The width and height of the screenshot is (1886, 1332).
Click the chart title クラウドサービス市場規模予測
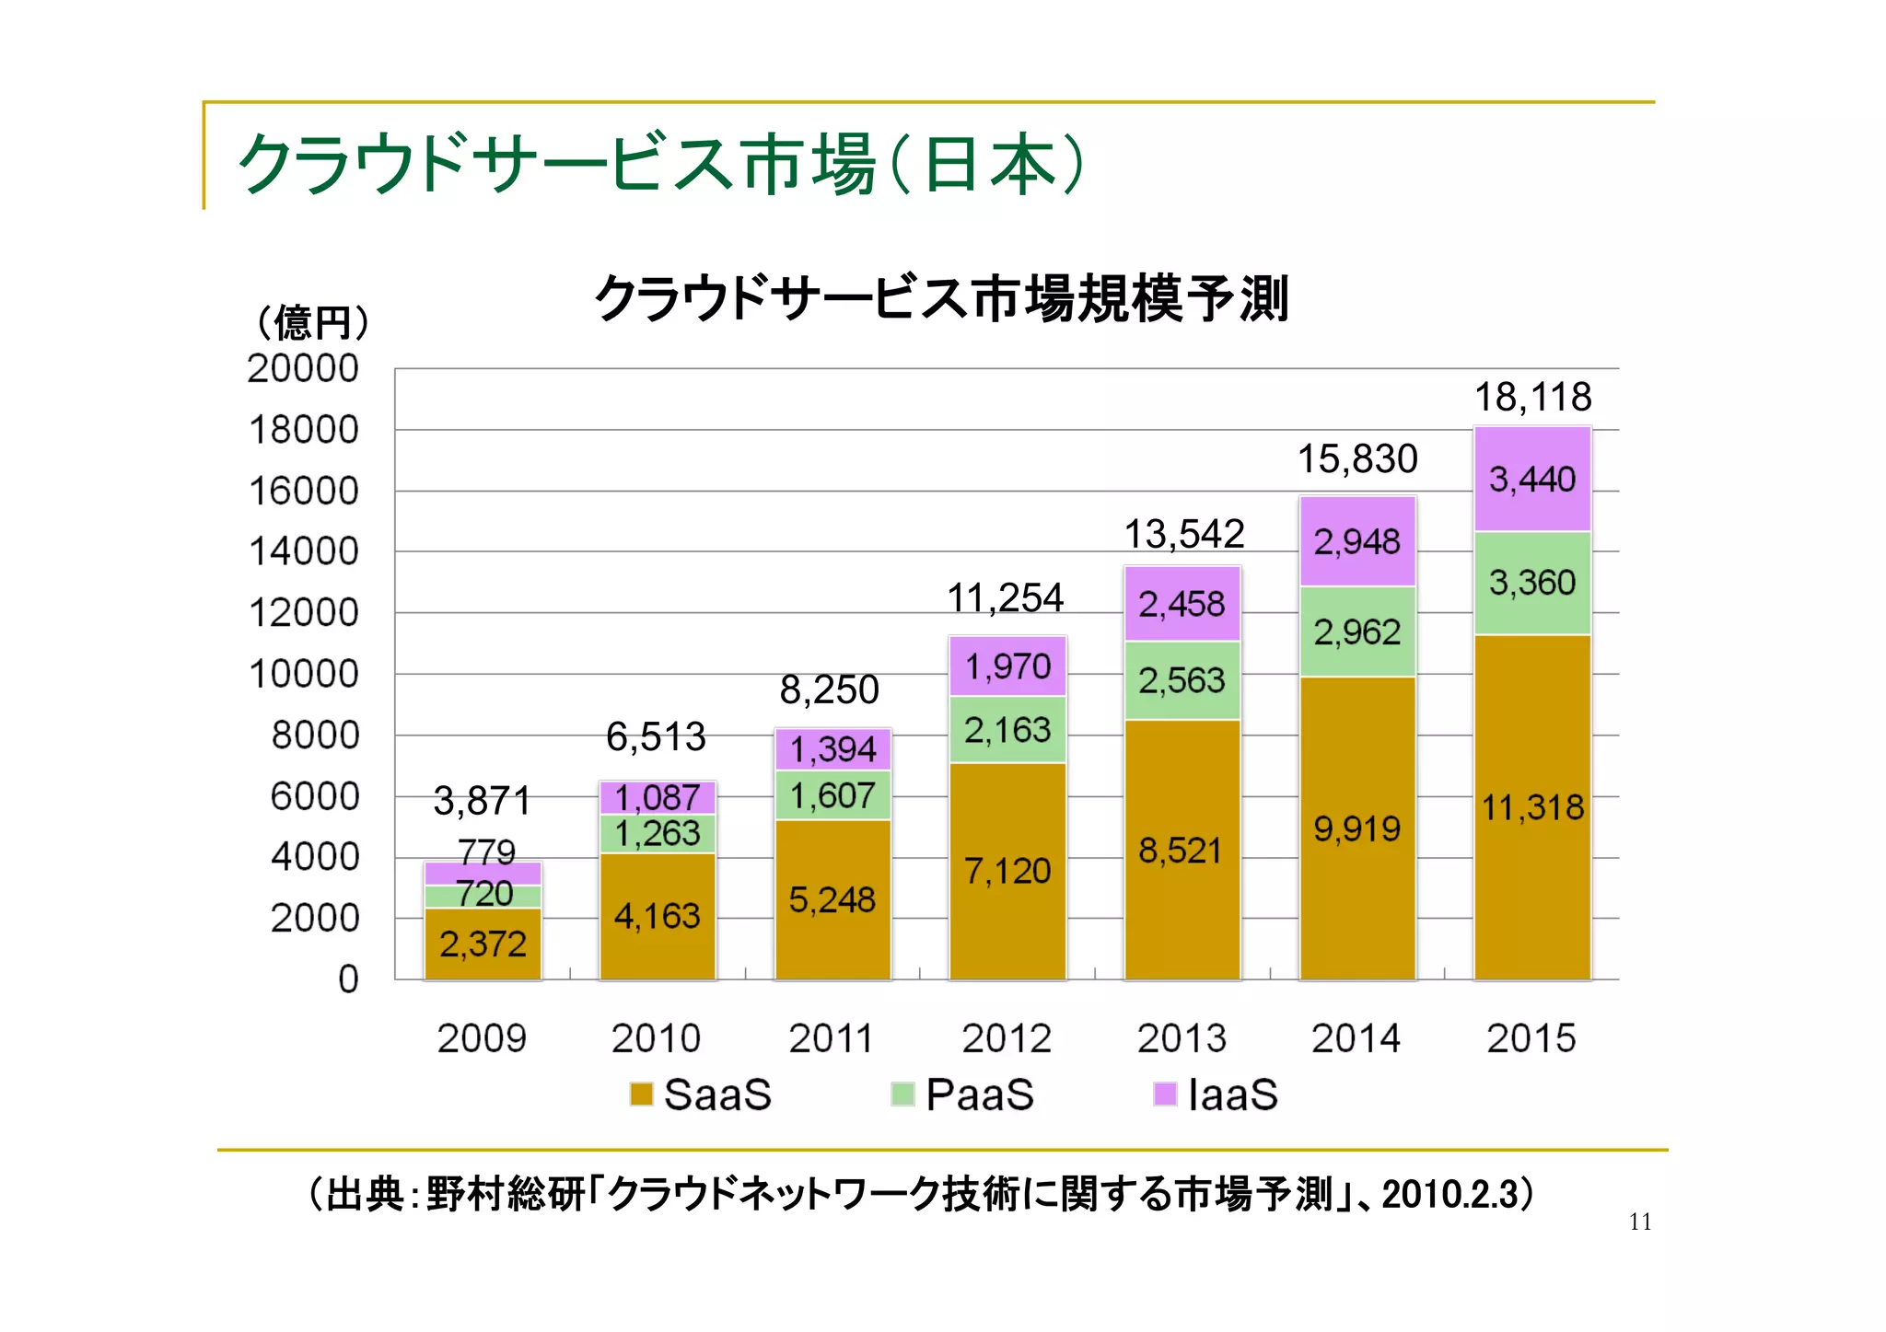pos(941,298)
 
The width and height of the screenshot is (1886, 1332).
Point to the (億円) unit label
pos(312,322)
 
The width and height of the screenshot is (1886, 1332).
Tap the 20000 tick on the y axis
pos(303,368)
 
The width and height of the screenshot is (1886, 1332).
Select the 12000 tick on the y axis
pos(303,613)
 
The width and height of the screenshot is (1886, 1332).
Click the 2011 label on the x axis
pos(831,1038)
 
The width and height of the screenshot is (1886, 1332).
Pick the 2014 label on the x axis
pos(1356,1038)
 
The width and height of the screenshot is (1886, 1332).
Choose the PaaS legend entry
pos(963,1095)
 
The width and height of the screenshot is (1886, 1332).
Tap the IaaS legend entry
pos(1217,1095)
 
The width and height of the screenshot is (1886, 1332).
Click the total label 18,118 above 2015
pos(1532,398)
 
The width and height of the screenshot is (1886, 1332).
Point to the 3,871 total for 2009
pos(482,801)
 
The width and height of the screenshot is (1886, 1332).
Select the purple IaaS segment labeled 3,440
pos(1532,480)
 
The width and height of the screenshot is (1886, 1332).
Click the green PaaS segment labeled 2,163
pos(1007,730)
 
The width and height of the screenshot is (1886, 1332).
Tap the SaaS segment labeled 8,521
pos(1182,851)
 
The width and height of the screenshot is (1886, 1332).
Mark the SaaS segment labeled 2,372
pos(483,944)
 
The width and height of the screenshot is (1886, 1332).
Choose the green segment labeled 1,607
pos(832,795)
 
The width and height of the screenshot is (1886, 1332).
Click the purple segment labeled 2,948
pos(1356,541)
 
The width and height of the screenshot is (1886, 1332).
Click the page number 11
pos(1640,1222)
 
